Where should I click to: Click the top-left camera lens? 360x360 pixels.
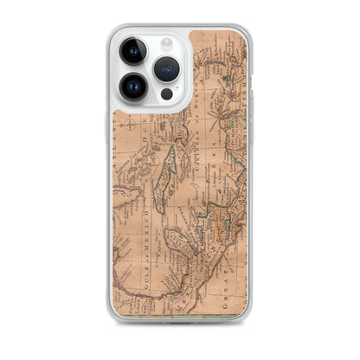[x=135, y=52]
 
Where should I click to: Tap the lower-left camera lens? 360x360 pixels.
[x=135, y=86]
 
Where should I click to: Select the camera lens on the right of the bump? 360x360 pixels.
[x=167, y=68]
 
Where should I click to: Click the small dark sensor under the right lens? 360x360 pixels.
[x=166, y=93]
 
